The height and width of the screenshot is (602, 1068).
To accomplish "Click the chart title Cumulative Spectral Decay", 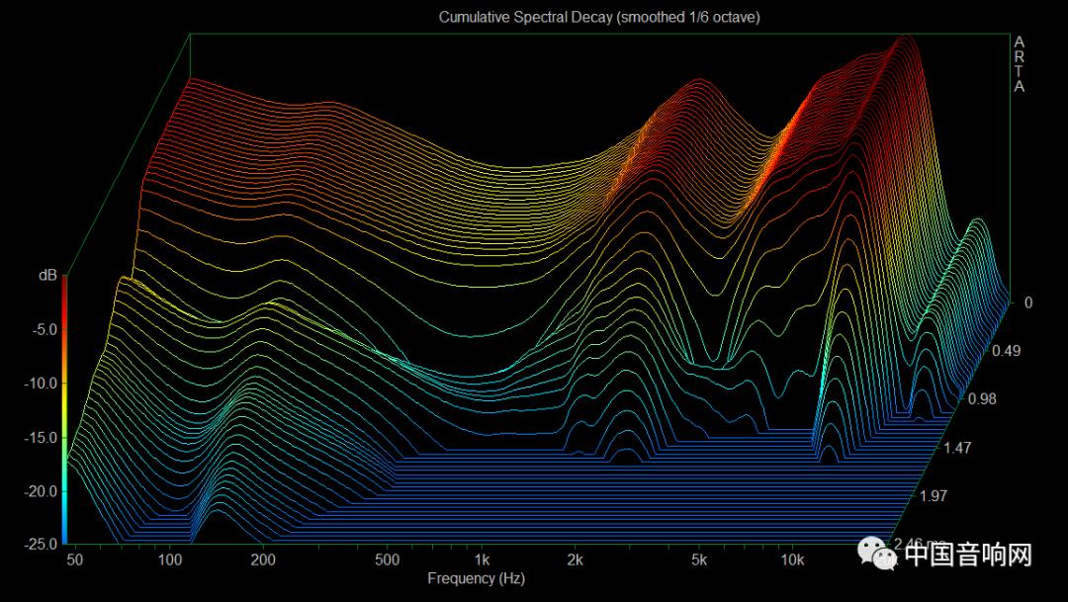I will [599, 18].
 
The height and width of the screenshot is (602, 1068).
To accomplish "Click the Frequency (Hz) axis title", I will [476, 578].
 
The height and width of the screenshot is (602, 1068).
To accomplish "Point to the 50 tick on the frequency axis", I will [75, 560].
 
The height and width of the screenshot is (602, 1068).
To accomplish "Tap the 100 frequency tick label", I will [169, 560].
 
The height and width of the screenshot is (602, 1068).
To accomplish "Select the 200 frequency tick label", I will [263, 560].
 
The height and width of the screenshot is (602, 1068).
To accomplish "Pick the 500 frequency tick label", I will [388, 560].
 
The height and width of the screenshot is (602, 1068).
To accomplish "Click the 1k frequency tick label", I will [482, 560].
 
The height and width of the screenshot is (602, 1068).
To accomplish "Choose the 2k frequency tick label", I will [575, 560].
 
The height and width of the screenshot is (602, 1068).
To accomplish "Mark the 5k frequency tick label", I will [699, 560].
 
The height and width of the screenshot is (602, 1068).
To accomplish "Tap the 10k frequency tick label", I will [792, 560].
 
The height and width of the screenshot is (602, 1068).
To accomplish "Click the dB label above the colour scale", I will [47, 276].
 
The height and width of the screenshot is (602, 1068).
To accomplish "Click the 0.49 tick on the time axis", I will [1008, 351].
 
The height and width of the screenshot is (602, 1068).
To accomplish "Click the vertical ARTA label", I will [1020, 64].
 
